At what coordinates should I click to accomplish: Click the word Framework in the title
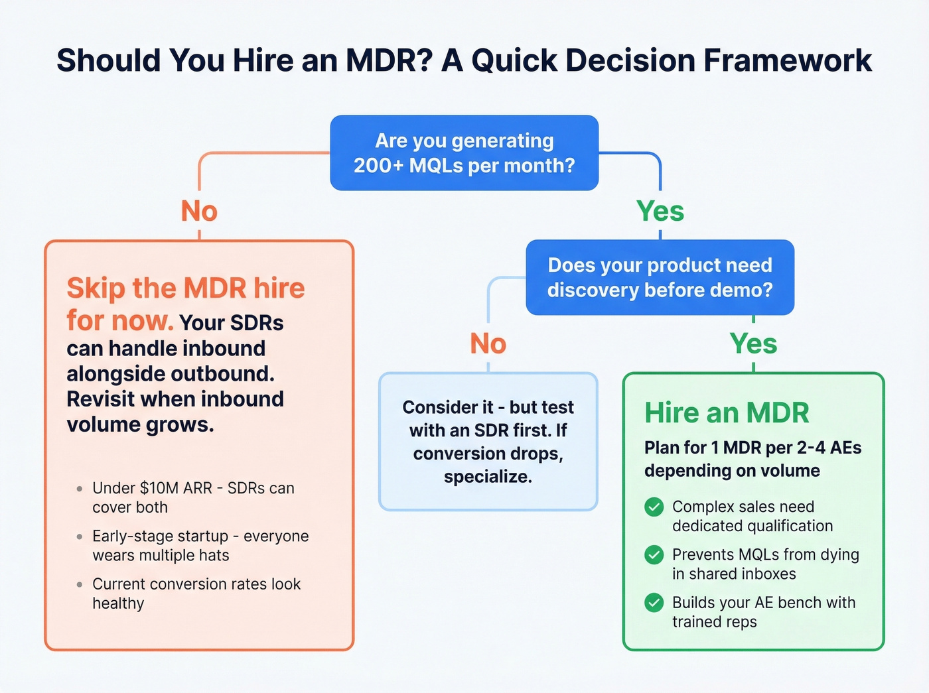coord(787,60)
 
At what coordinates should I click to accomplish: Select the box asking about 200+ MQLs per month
coord(464,153)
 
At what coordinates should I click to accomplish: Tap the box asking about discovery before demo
coord(660,277)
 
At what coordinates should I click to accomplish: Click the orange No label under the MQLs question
coord(199,212)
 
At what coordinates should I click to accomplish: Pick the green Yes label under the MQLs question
coord(660,212)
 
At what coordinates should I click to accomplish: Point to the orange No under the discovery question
coord(488,344)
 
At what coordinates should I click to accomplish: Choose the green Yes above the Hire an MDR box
coord(753,344)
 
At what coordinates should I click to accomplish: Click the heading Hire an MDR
coord(727,413)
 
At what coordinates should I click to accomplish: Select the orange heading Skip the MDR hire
coord(186,288)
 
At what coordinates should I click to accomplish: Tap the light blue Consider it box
coord(488,442)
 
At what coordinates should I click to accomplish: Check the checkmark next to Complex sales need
coord(654,507)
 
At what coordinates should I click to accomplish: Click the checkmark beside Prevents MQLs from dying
coord(654,555)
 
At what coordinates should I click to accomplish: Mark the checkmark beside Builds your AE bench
coord(654,603)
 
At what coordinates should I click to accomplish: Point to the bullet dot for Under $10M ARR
coord(80,489)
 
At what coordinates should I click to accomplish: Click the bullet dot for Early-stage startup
coord(80,536)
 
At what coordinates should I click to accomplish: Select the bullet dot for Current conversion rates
coord(80,585)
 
